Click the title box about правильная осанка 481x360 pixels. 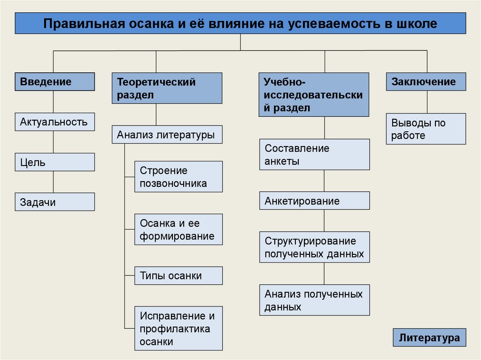point(240,23)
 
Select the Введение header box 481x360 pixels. point(54,82)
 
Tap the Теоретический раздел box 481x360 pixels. point(167,88)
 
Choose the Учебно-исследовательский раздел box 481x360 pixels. point(314,95)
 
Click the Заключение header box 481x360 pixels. point(426,82)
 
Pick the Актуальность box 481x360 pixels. point(54,122)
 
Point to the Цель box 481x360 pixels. point(54,162)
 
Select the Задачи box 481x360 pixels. point(54,202)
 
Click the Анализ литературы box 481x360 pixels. point(167,135)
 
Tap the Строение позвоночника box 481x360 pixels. point(178,176)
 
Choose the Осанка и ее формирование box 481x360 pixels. point(178,230)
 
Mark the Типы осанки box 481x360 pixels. point(178,276)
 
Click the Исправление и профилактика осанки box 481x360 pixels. point(178,329)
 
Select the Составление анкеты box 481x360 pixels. point(314,154)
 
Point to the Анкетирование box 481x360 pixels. point(314,201)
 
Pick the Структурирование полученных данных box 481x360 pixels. point(314,247)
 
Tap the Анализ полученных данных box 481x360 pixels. point(314,300)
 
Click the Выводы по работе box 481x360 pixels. point(426,129)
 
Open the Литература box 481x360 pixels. point(429,338)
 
